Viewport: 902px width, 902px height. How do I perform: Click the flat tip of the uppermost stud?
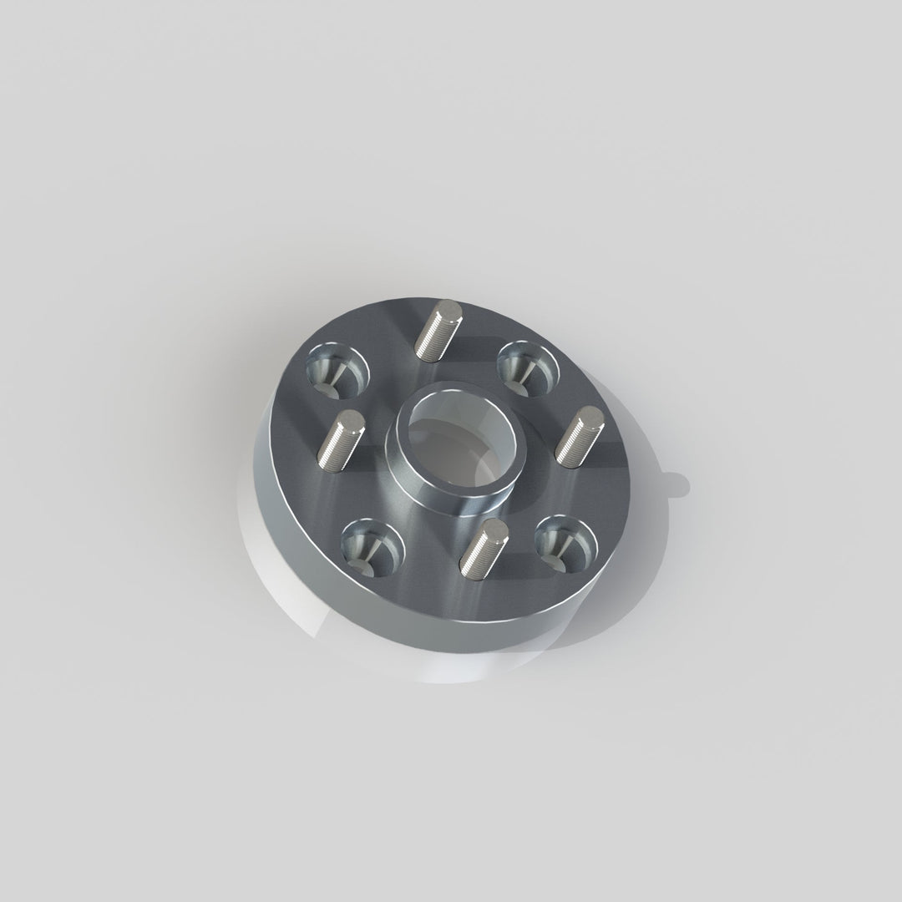[x=452, y=312]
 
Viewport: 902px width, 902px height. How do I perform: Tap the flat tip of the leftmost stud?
[x=352, y=423]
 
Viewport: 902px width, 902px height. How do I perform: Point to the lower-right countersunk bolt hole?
[x=564, y=541]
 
